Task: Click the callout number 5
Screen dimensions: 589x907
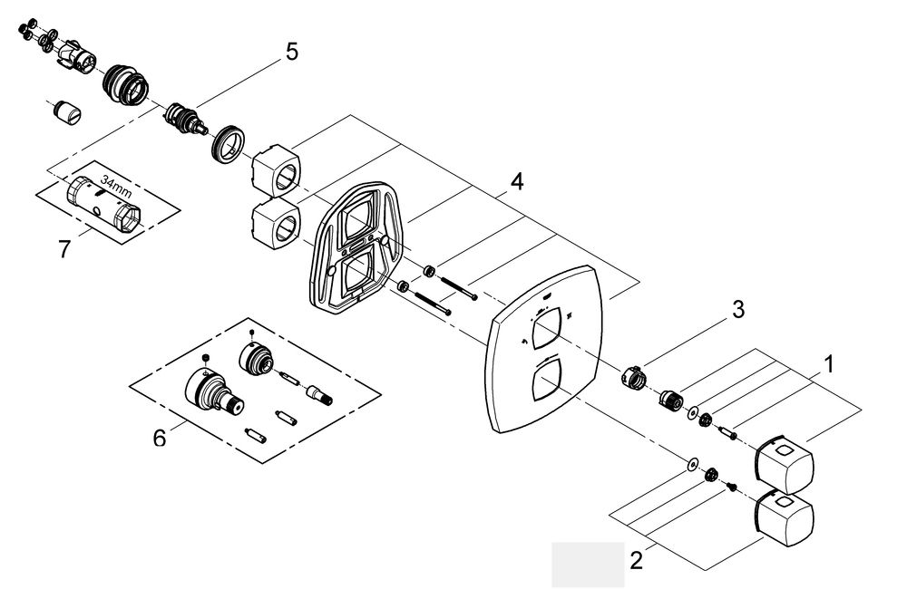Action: tap(291, 52)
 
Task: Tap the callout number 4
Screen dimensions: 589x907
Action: tap(516, 182)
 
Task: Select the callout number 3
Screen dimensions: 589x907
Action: tap(738, 310)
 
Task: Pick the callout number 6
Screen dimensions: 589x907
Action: tap(160, 438)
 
